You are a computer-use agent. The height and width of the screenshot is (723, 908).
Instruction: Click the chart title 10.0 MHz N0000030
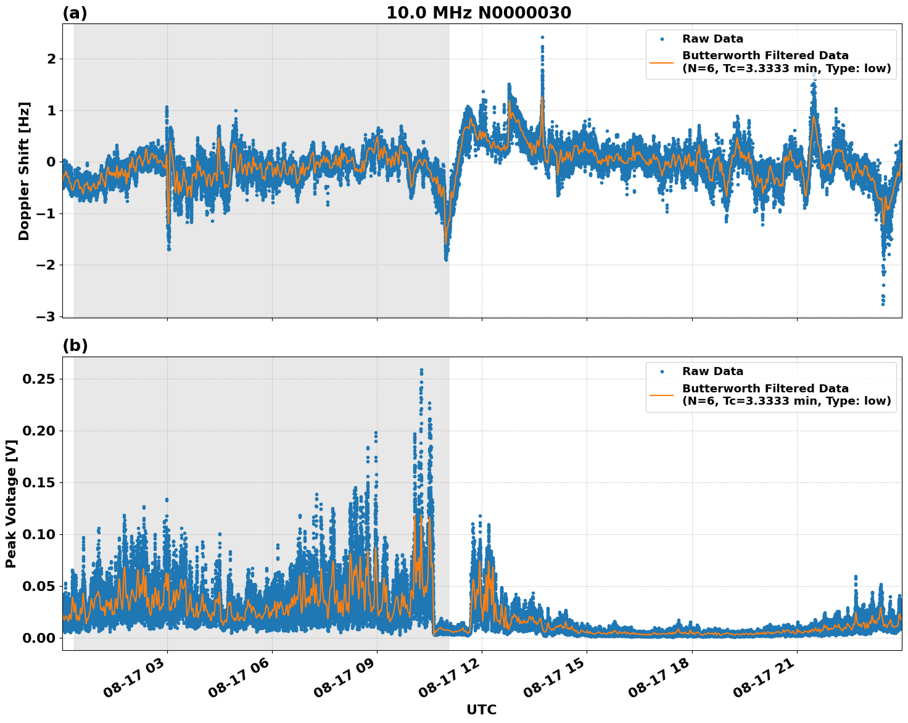click(479, 13)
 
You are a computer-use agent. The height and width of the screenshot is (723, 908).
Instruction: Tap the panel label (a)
click(75, 13)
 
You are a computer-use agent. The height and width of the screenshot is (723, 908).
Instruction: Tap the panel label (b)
click(75, 346)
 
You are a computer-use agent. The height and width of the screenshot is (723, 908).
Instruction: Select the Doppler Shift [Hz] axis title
click(24, 171)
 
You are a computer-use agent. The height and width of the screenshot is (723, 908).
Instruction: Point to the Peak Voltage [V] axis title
click(11, 504)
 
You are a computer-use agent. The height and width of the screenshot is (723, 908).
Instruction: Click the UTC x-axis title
click(481, 709)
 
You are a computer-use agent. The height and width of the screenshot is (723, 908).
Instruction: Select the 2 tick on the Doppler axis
click(51, 59)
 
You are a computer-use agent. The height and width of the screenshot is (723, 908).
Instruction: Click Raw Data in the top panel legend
click(712, 39)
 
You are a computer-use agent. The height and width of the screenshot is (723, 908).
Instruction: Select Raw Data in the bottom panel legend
click(712, 371)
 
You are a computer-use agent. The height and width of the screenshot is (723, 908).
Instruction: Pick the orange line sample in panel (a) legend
click(662, 62)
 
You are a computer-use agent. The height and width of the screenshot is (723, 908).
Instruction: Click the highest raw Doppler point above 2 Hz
click(542, 38)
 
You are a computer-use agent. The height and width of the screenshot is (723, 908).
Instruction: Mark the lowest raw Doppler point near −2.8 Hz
click(883, 304)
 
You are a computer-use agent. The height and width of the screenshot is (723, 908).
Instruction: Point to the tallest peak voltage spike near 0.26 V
click(421, 370)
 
